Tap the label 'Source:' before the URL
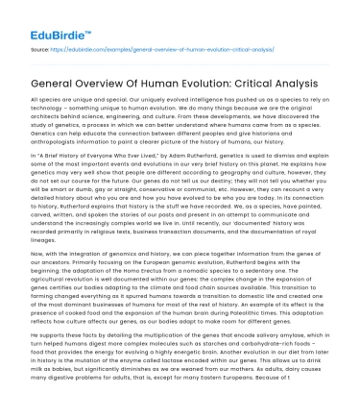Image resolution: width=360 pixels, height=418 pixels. point(41,46)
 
